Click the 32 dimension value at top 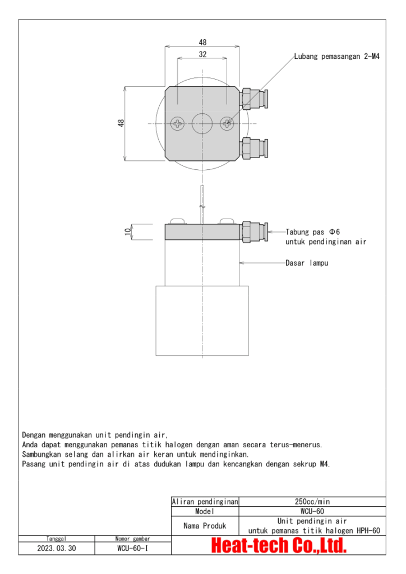[202, 54]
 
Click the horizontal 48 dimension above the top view [202, 42]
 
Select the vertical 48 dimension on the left [121, 123]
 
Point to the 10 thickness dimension [128, 231]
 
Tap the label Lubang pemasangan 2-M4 [337, 57]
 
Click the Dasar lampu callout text [307, 263]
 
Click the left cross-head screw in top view [178, 123]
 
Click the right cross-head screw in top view [227, 123]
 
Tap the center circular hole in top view [202, 123]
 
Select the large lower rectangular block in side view [202, 320]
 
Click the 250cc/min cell [312, 502]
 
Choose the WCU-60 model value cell [312, 511]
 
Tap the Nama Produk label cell [205, 526]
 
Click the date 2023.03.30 [56, 548]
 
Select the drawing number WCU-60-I [133, 548]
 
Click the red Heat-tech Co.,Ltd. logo [279, 545]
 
